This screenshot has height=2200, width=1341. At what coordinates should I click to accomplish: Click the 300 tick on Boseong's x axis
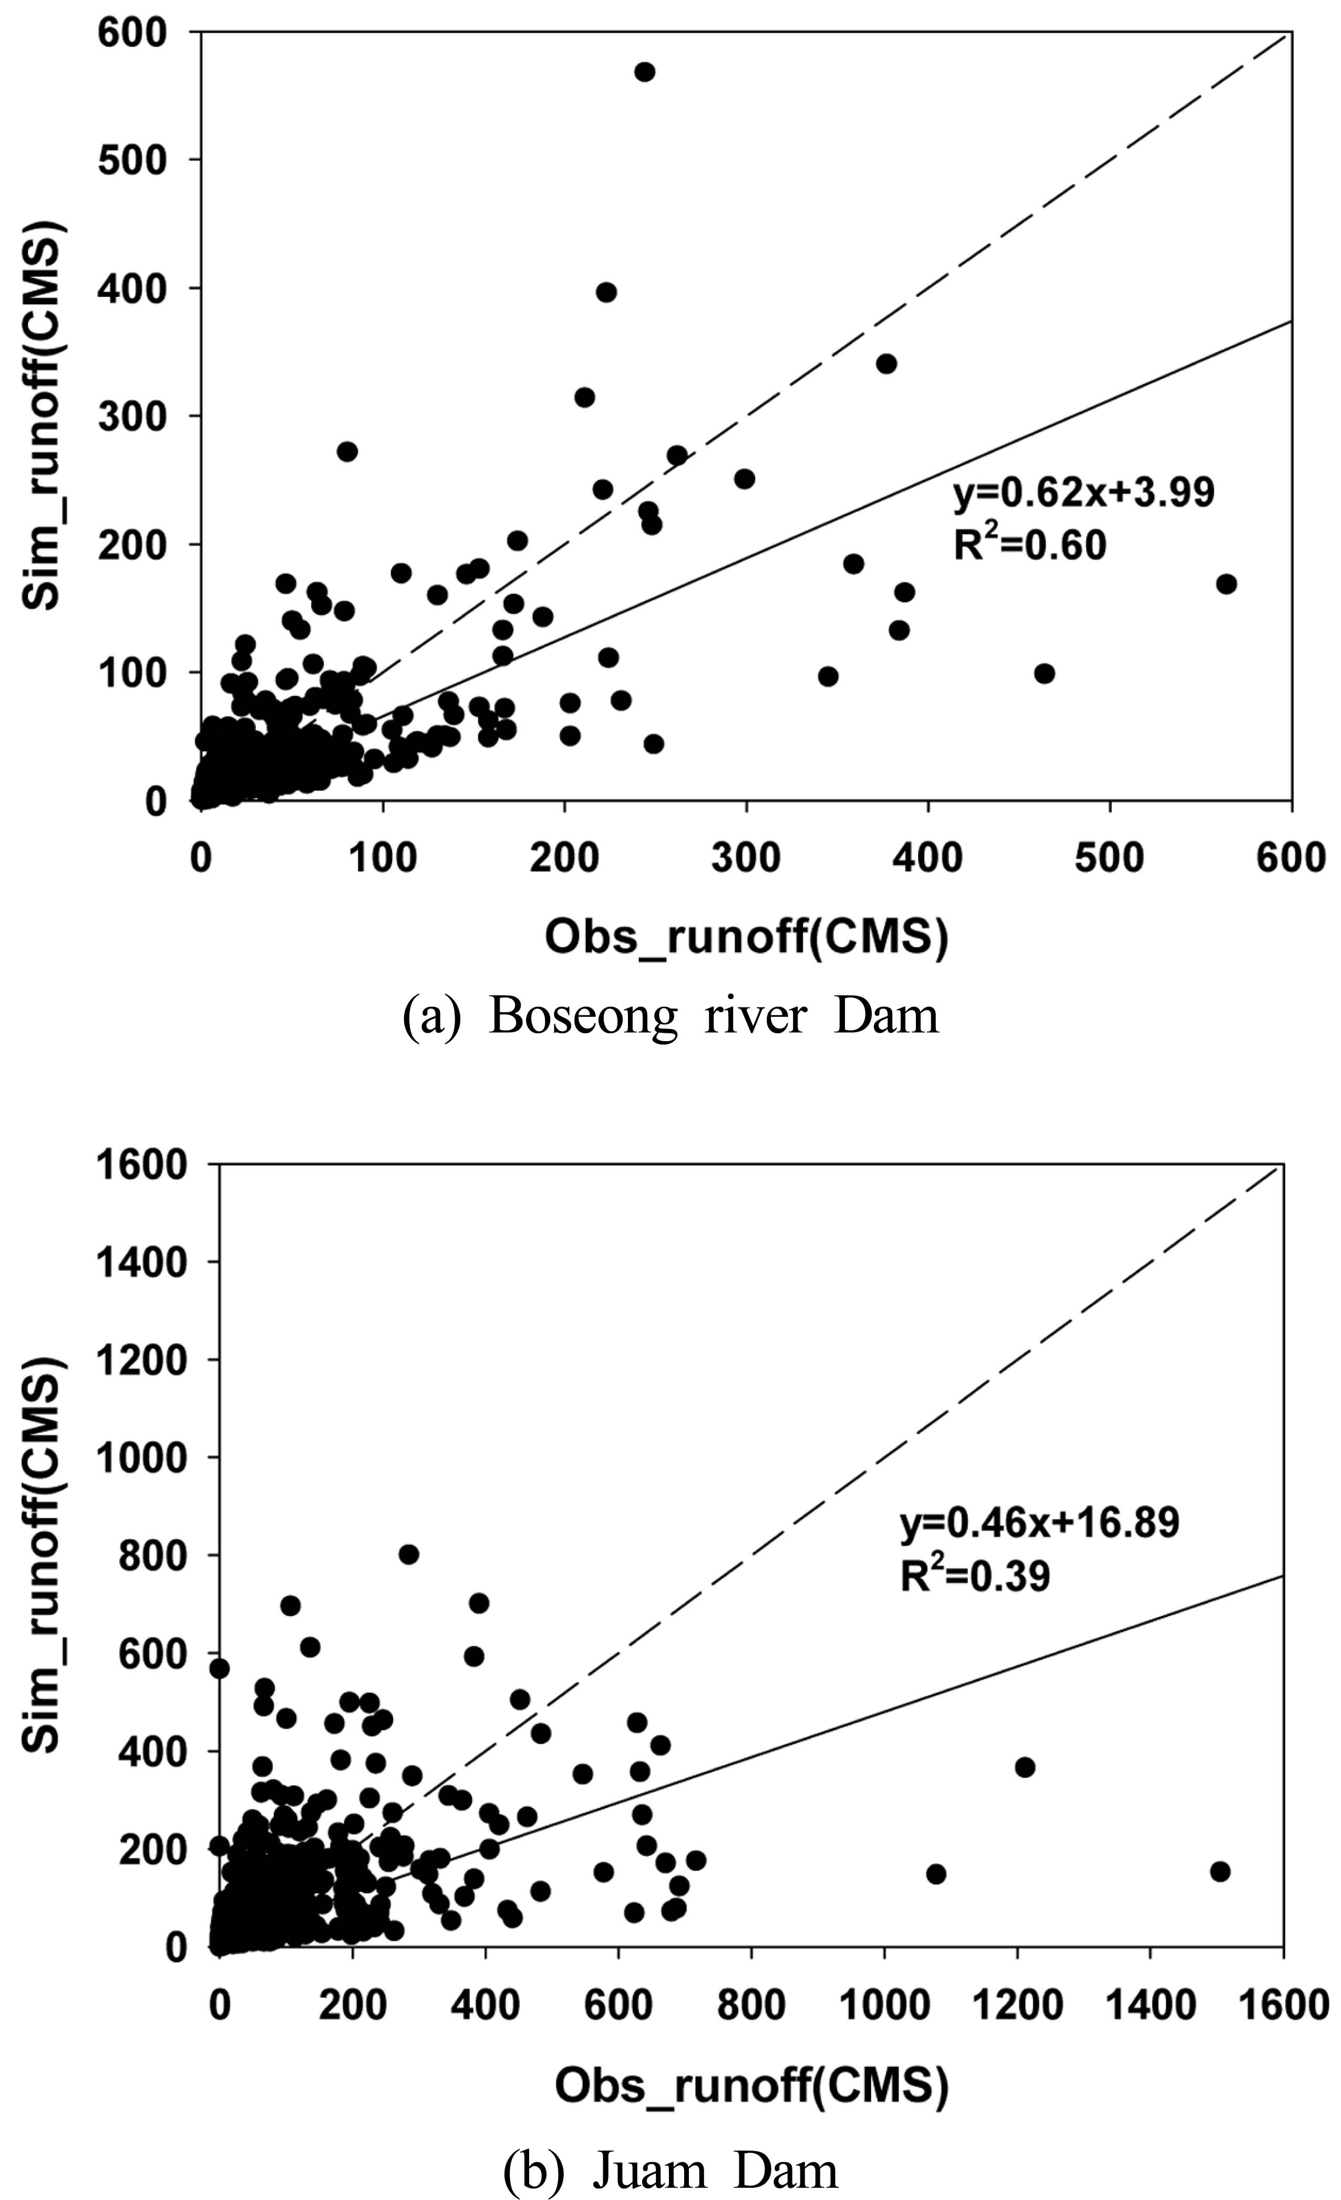pyautogui.click(x=746, y=858)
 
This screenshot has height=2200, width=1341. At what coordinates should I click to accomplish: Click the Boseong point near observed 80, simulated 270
pyautogui.click(x=347, y=452)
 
